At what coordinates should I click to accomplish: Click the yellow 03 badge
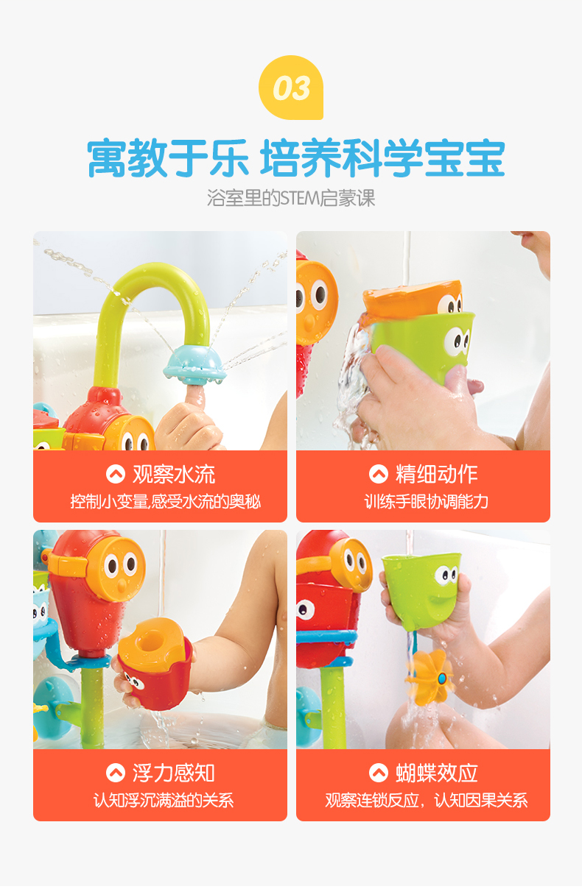pos(291,88)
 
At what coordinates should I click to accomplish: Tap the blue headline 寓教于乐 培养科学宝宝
pos(296,157)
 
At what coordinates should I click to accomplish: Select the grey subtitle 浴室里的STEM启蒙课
pos(291,198)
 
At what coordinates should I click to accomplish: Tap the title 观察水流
pos(174,474)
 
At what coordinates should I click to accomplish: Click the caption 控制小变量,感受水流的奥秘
pos(166,502)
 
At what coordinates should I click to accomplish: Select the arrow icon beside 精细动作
pos(378,474)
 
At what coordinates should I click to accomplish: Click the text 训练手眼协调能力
pos(427,502)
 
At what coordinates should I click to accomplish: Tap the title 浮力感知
pos(174,773)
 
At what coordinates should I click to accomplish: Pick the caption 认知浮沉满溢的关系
pos(164,801)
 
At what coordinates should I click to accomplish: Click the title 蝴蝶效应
pos(437,773)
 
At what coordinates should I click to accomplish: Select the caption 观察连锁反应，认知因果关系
pos(427,801)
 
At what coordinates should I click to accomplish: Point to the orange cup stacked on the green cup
pos(413,300)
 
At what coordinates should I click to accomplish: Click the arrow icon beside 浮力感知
pos(115,773)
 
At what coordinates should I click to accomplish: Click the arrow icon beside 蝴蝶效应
pos(378,773)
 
